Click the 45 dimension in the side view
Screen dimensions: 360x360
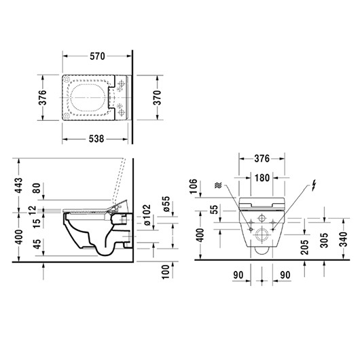[37, 243]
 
